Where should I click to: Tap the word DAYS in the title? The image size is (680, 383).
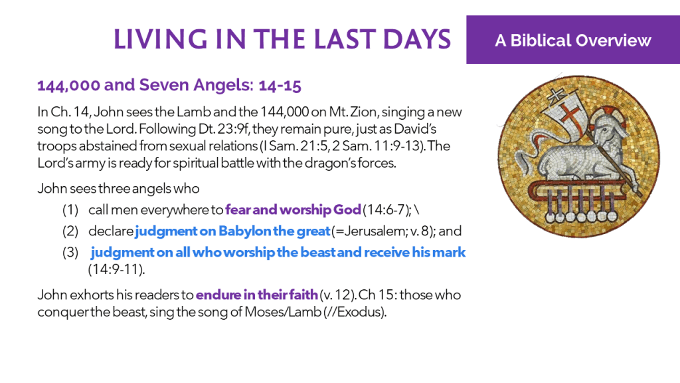click(x=417, y=39)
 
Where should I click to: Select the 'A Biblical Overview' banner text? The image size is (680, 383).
click(x=573, y=41)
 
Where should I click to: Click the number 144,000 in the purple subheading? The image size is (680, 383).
click(x=68, y=85)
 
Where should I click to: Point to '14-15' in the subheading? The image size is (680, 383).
click(x=280, y=85)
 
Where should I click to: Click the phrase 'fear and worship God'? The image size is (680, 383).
click(x=293, y=209)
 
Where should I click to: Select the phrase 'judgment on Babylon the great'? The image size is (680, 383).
click(x=232, y=231)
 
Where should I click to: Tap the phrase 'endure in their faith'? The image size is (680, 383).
click(x=257, y=295)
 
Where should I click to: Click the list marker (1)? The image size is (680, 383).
click(x=70, y=210)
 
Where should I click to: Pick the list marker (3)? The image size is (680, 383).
click(x=70, y=252)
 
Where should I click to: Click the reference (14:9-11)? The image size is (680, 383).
click(x=117, y=269)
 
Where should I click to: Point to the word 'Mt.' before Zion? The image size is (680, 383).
click(x=338, y=112)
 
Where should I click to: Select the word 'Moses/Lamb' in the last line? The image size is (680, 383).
click(x=283, y=312)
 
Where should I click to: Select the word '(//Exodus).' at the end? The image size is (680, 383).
click(x=355, y=312)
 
